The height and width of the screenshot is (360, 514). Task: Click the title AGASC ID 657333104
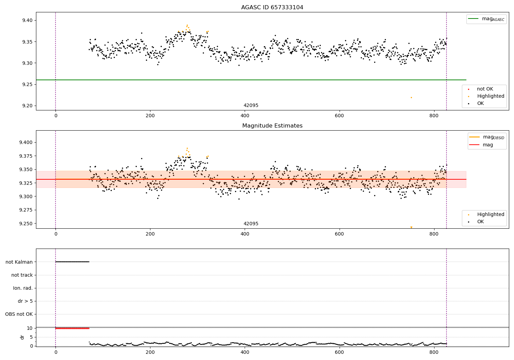point(272,8)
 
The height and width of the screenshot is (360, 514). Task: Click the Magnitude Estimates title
point(272,126)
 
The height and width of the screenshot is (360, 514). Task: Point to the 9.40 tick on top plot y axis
point(27,20)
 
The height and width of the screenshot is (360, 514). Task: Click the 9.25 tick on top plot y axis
point(27,84)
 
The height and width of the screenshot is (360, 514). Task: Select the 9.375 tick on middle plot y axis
point(26,156)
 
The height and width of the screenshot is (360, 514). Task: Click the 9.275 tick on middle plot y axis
point(26,210)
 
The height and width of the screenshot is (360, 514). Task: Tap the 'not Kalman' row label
point(19,262)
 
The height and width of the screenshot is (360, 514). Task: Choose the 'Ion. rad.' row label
point(23,288)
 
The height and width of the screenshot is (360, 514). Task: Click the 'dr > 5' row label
point(25,301)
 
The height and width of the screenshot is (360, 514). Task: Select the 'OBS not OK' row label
point(19,314)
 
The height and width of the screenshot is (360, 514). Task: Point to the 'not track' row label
point(22,275)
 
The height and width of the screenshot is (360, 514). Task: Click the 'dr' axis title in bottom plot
point(22,337)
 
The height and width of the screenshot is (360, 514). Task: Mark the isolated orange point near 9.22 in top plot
point(411,98)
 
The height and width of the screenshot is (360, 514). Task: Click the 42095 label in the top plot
point(251,106)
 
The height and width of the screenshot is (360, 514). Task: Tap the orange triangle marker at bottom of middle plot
point(411,227)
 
